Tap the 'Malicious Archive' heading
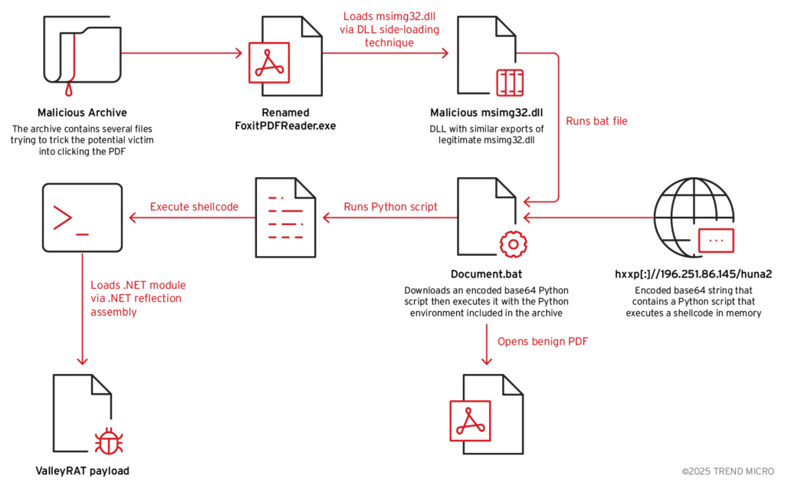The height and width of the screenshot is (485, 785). (x=82, y=113)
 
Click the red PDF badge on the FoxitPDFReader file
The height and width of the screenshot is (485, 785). (x=268, y=62)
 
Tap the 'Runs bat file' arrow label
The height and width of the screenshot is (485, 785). (x=596, y=121)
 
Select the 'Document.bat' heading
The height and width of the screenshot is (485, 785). (x=486, y=274)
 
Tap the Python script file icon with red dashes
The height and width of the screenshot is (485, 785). (x=284, y=217)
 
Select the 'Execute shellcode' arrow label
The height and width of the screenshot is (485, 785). (x=194, y=207)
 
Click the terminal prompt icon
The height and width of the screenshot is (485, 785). (x=82, y=218)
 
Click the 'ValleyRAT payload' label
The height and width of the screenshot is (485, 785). (x=82, y=470)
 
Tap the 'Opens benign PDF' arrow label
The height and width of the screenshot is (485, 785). (x=543, y=341)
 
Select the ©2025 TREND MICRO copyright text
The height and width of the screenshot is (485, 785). (x=728, y=471)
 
